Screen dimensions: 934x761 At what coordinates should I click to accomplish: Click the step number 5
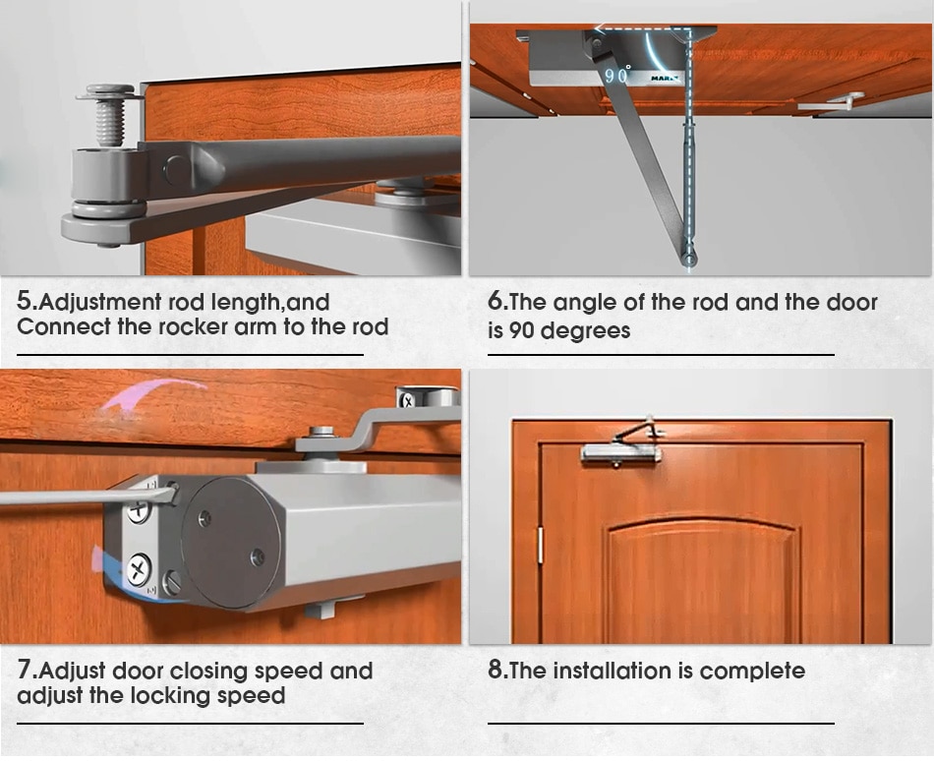tap(24, 301)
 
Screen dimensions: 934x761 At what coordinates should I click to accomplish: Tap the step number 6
tap(495, 301)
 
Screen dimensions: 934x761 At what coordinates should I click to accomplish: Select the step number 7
tap(24, 670)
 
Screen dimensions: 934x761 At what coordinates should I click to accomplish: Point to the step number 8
tap(495, 670)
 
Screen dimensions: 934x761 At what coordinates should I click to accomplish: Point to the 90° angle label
tap(617, 75)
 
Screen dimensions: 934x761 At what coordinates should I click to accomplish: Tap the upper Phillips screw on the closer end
tap(139, 510)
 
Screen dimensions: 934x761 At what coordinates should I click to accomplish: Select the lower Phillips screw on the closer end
tap(139, 569)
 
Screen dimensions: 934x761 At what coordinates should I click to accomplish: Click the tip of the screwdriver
tap(175, 492)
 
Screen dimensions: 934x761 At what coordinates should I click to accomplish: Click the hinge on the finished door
tap(541, 545)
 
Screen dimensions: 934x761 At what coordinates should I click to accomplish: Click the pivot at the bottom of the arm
tap(690, 259)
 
